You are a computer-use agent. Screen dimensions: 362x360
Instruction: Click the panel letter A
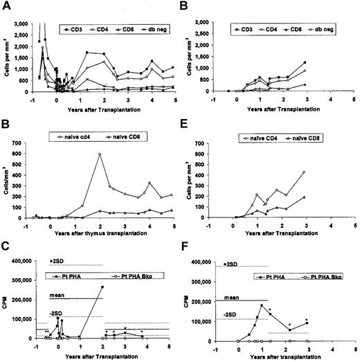pos(5,6)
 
